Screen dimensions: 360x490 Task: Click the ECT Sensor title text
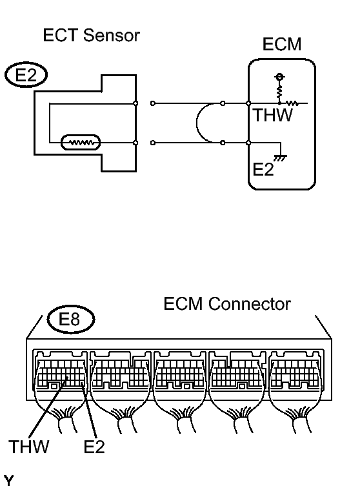[91, 35]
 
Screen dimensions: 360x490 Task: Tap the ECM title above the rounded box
[282, 44]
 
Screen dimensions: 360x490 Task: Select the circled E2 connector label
[26, 75]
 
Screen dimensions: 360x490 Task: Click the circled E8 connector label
[70, 320]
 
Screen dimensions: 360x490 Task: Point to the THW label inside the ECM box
[273, 115]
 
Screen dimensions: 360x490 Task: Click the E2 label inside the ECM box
[263, 170]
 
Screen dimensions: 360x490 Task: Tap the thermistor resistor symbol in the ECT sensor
[81, 143]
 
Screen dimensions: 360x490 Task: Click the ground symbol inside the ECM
[281, 158]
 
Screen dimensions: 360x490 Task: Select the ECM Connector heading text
[227, 304]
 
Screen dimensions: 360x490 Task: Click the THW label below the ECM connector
[29, 447]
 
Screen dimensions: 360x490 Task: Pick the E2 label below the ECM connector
[94, 447]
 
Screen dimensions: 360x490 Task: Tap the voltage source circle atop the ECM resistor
[279, 77]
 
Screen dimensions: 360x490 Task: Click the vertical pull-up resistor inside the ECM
[279, 91]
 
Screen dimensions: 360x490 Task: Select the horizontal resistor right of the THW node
[292, 103]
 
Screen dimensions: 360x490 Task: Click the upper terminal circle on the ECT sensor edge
[135, 103]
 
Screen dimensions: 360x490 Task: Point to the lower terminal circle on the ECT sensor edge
[135, 143]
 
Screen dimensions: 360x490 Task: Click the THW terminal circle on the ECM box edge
[248, 103]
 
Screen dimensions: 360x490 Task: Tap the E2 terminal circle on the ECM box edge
[248, 143]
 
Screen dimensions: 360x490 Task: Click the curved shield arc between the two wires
[197, 123]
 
